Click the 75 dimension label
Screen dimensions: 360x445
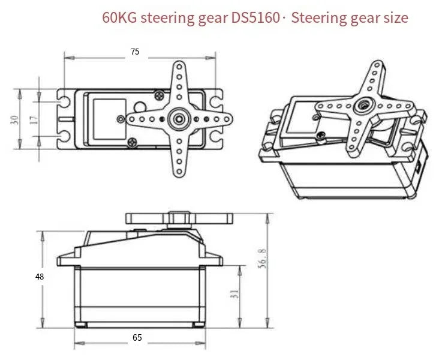click(135, 52)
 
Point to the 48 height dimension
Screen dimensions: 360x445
click(40, 277)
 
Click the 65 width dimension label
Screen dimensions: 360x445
click(137, 338)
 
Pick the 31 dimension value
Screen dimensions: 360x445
click(234, 294)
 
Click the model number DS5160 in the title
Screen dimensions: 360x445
click(255, 18)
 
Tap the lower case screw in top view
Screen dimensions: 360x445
click(132, 142)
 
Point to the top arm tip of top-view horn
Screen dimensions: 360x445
click(179, 66)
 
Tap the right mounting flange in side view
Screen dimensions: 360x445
click(212, 260)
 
